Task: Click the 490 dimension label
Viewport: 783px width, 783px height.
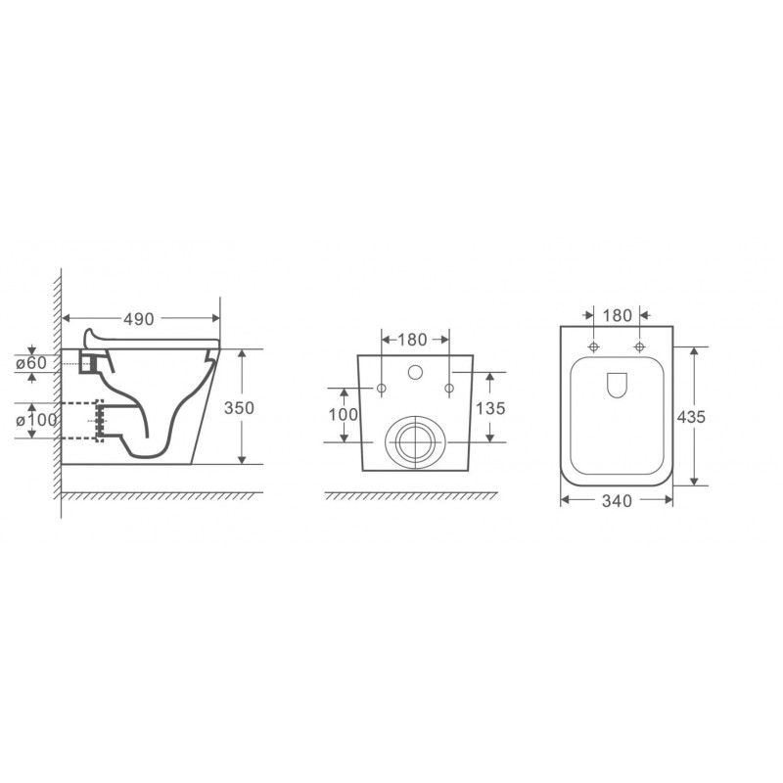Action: click(139, 319)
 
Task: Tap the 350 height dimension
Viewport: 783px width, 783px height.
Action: click(239, 408)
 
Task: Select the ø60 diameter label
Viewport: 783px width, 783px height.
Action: click(31, 362)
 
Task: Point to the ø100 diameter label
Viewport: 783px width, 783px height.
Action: click(36, 420)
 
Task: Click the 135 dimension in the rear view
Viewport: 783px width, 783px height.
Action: click(490, 408)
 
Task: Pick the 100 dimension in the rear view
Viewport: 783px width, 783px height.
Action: click(344, 414)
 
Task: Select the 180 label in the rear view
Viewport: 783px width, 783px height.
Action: click(412, 340)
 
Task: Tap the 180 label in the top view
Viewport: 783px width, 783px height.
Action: click(618, 315)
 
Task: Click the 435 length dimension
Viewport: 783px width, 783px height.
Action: click(691, 417)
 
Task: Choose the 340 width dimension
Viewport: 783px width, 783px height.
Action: click(617, 501)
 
